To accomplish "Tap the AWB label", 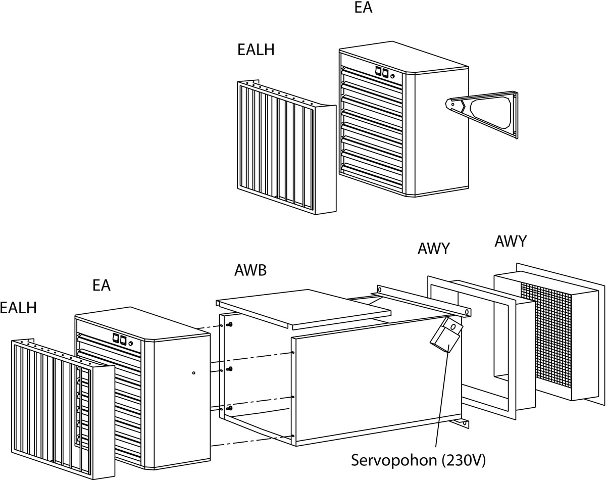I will coord(250,270).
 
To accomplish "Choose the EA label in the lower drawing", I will coord(101,285).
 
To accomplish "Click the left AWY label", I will coord(434,249).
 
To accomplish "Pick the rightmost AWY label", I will coord(510,242).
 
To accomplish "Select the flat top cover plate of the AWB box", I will coord(303,306).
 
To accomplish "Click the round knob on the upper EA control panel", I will coord(393,77).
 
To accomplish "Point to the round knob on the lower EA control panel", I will coord(131,344).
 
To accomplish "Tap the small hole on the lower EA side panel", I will coord(194,373).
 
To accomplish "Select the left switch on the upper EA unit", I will coord(377,72).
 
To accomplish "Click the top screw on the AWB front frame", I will coord(230,324).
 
